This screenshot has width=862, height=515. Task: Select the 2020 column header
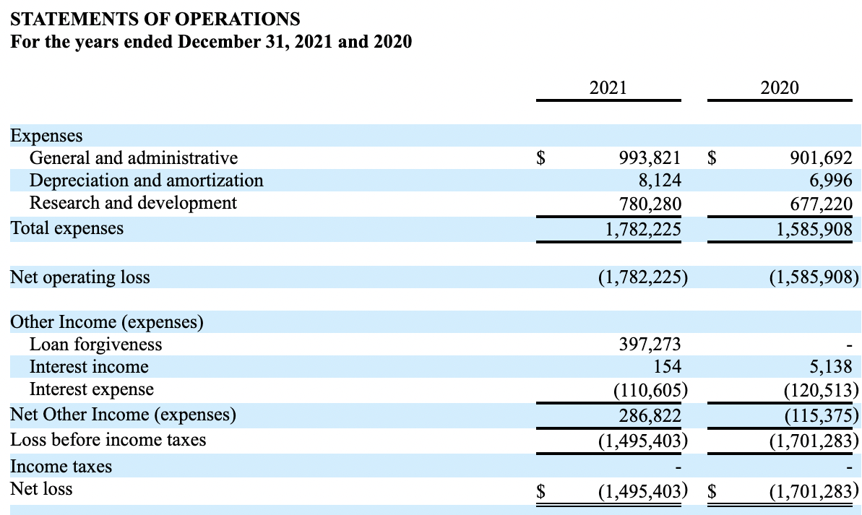pos(780,88)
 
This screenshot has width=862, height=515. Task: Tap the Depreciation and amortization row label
pos(146,180)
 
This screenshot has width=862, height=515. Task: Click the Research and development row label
pos(133,203)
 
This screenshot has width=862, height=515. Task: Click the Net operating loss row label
pos(80,277)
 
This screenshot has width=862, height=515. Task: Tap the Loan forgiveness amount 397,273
pos(649,345)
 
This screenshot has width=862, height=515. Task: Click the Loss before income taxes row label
pos(108,439)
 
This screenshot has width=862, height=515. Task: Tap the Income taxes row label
pos(61,467)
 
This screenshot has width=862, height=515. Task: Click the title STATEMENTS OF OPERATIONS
pos(155,18)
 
